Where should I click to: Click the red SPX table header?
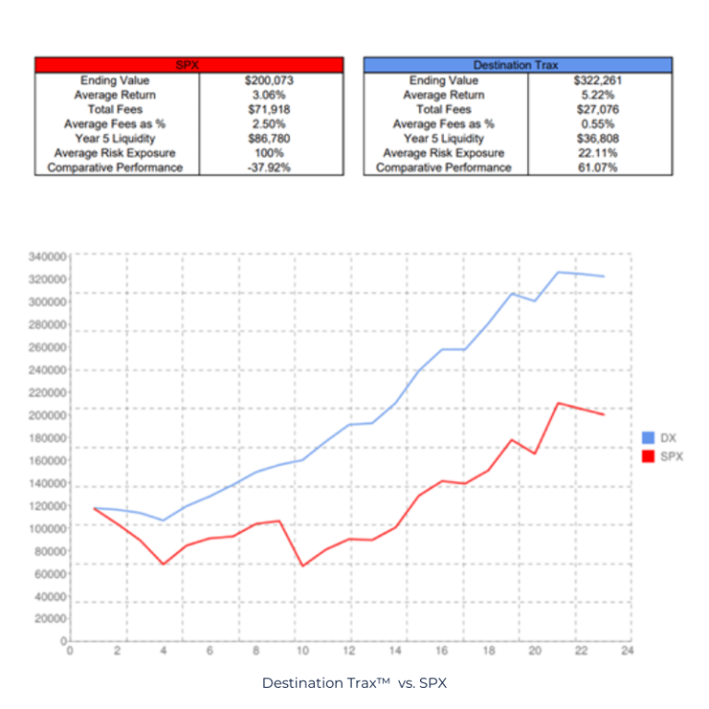[x=188, y=65]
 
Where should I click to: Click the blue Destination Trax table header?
[x=517, y=65]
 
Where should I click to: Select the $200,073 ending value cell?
[x=271, y=80]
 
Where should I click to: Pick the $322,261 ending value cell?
[x=600, y=80]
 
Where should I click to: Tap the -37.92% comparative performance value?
[x=271, y=167]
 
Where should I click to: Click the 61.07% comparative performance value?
[x=600, y=167]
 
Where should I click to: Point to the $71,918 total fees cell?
[x=271, y=109]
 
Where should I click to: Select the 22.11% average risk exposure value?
[x=600, y=152]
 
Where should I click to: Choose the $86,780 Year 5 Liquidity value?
[x=271, y=138]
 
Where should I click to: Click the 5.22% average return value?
[x=600, y=95]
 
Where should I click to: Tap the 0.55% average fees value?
[x=600, y=124]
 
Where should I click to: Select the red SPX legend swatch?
[x=648, y=456]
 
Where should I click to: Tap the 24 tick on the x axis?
[x=628, y=651]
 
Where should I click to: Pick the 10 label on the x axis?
[x=302, y=651]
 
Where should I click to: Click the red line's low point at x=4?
[x=163, y=564]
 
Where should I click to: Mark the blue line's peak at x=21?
[x=559, y=272]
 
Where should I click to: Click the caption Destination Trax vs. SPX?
[x=354, y=683]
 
